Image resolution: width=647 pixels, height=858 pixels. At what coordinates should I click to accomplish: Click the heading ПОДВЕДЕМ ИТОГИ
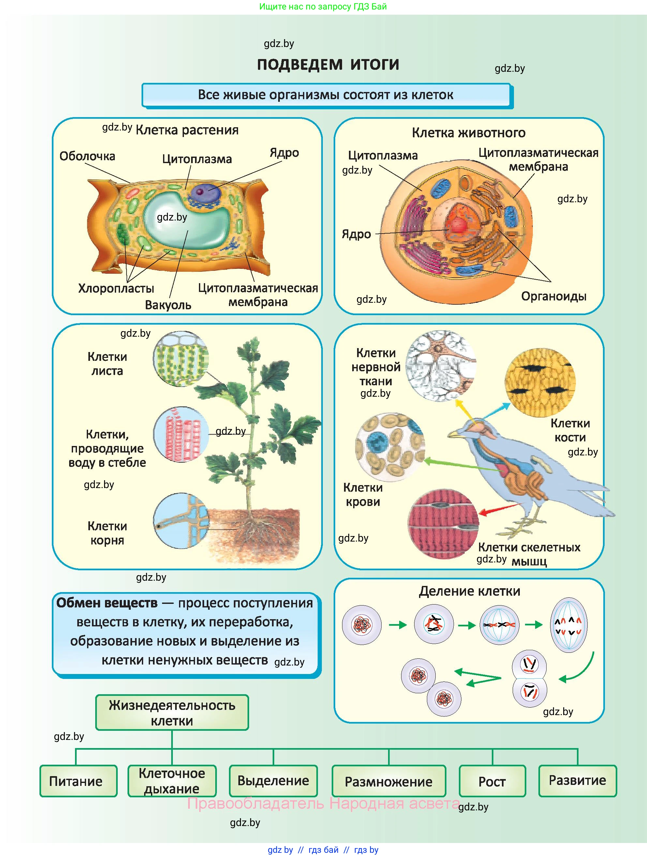328,64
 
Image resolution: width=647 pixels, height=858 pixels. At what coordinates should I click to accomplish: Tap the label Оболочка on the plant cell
87,156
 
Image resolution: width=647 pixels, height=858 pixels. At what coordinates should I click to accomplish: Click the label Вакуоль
168,305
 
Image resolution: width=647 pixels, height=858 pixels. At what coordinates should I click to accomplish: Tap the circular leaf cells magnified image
181,359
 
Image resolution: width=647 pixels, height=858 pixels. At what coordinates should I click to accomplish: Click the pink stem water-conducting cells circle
181,435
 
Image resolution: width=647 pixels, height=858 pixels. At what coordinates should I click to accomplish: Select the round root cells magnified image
181,521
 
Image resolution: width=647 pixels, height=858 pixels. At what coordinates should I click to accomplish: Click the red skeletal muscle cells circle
443,524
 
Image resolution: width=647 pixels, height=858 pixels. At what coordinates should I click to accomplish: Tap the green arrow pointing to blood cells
461,465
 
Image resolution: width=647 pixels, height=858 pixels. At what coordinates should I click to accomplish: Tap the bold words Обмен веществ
107,603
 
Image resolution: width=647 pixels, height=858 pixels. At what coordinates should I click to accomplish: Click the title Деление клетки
469,591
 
